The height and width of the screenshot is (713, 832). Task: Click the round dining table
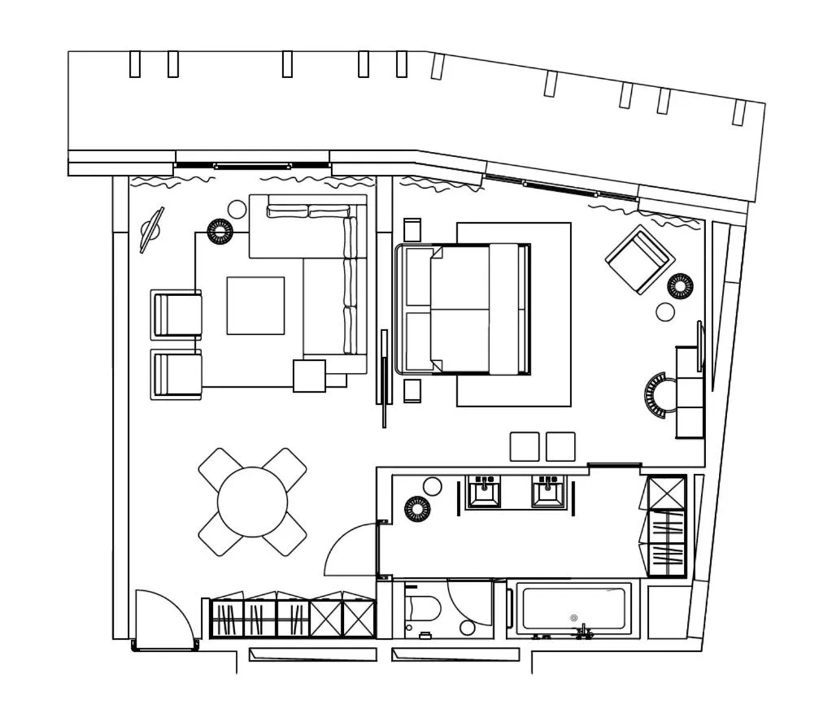[x=253, y=502]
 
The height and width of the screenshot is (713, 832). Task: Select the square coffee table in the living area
[x=255, y=306]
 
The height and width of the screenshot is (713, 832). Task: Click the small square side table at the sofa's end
[x=309, y=376]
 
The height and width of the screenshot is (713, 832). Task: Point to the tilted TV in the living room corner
[x=151, y=230]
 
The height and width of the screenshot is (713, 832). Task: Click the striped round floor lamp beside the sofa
[x=220, y=232]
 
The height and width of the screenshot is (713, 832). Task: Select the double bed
[x=464, y=309]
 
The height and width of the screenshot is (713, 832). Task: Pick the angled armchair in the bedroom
[x=639, y=259]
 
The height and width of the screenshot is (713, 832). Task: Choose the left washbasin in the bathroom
[x=484, y=493]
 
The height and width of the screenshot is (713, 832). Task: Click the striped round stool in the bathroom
[x=417, y=509]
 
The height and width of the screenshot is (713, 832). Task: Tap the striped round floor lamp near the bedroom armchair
[x=680, y=286]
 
